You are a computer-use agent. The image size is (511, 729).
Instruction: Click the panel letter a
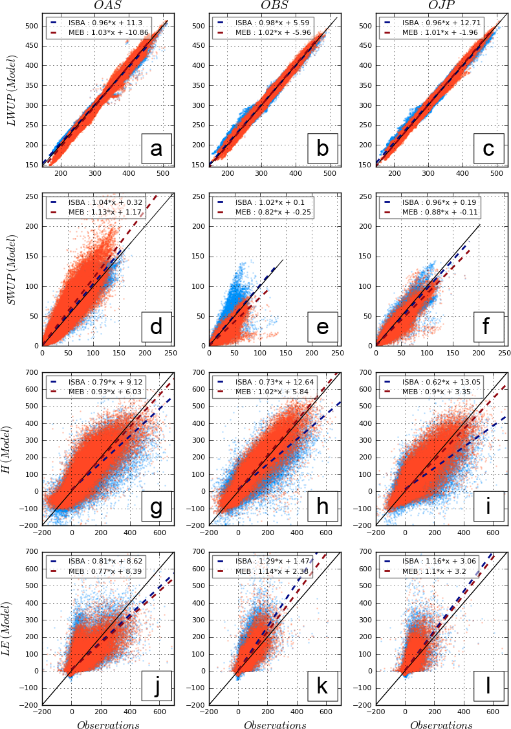156,149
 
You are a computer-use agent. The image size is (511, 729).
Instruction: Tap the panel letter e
322,327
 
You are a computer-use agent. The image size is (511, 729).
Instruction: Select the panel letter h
322,507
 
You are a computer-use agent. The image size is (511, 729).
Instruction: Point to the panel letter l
489,686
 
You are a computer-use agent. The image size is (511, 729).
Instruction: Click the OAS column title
107,6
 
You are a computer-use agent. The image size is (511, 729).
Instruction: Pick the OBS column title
274,6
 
